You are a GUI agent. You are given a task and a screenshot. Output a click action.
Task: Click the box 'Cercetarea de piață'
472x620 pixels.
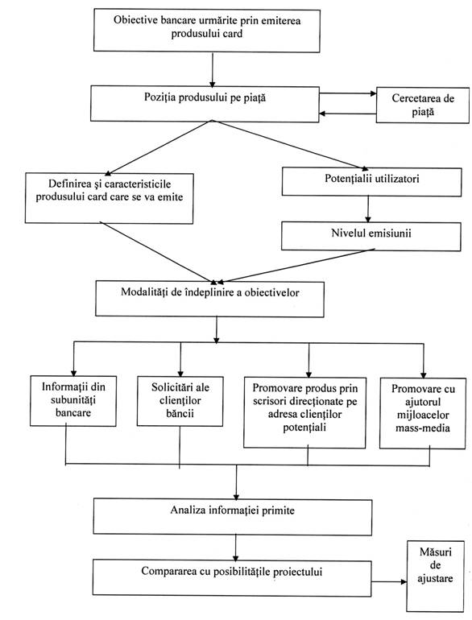[x=423, y=105]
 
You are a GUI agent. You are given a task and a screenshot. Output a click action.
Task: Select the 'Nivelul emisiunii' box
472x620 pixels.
[x=371, y=236]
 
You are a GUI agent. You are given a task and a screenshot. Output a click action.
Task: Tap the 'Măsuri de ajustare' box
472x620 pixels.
[x=435, y=576]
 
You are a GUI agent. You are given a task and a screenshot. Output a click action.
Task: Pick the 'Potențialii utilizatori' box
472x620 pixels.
[x=371, y=182]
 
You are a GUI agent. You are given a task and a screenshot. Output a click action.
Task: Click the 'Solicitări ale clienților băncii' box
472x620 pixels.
[x=180, y=401]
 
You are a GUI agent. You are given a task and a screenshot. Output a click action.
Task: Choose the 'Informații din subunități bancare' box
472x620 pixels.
[x=73, y=400]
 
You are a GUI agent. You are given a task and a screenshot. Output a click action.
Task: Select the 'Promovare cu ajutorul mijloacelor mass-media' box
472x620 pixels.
[x=423, y=413]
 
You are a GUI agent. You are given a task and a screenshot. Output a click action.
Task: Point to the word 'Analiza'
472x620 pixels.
[x=188, y=510]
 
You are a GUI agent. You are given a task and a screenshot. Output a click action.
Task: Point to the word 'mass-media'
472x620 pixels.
[x=423, y=428]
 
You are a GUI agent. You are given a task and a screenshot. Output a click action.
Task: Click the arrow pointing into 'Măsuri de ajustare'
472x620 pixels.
[x=389, y=581]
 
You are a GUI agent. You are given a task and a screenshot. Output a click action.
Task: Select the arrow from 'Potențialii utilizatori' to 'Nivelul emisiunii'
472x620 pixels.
[x=368, y=209]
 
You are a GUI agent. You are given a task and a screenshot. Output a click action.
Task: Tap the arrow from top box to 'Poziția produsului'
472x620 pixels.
[x=213, y=69]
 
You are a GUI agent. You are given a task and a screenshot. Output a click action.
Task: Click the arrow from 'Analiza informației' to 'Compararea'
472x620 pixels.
[x=236, y=548]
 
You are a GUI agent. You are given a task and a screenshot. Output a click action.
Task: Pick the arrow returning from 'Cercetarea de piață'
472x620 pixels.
[x=347, y=114]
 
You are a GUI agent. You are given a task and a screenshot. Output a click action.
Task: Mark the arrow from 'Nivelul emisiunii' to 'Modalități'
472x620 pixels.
[x=296, y=266]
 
